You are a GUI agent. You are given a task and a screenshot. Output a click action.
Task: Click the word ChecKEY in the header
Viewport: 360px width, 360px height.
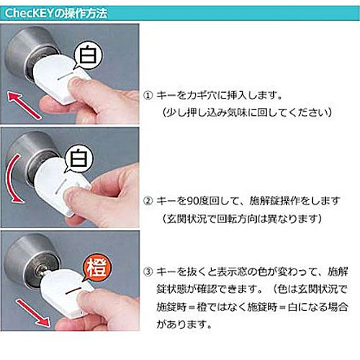coord(28,14)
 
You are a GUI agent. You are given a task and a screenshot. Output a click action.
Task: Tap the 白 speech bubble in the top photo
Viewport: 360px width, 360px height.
coord(88,55)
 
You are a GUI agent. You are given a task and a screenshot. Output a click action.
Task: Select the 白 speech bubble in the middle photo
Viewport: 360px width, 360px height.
coord(78,158)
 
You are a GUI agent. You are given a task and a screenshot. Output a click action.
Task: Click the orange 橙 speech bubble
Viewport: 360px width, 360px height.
coord(96,268)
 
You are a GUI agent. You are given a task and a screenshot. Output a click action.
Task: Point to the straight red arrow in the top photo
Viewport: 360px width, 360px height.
coord(24,106)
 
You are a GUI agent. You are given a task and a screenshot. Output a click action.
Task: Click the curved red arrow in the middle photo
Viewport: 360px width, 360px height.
coord(12,179)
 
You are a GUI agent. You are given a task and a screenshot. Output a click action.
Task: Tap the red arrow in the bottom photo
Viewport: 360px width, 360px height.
coord(33,312)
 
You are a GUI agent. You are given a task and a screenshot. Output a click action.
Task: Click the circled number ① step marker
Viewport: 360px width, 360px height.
coord(148,96)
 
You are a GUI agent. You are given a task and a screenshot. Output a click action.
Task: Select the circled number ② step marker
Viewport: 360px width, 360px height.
coord(148,201)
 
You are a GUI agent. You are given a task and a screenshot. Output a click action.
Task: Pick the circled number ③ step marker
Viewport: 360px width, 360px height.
coord(148,272)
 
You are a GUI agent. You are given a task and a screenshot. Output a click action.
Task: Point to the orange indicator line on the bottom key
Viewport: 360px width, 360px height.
coord(73,291)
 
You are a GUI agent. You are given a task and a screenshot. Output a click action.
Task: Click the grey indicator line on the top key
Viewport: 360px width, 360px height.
coord(66,75)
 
